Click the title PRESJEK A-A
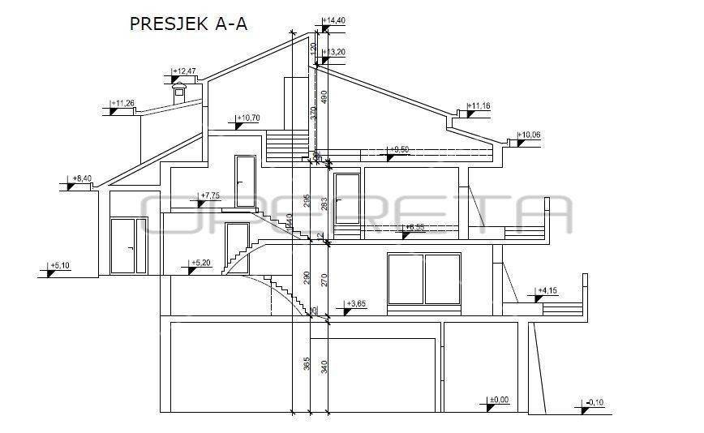188,24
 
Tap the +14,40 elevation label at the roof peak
335,19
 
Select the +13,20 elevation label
335,53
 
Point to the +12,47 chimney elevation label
186,71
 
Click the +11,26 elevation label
123,103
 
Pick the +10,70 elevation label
248,118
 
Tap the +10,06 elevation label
530,135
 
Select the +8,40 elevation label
83,178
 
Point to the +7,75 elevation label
210,195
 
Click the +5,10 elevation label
61,265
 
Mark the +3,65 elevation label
357,303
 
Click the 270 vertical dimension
324,281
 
